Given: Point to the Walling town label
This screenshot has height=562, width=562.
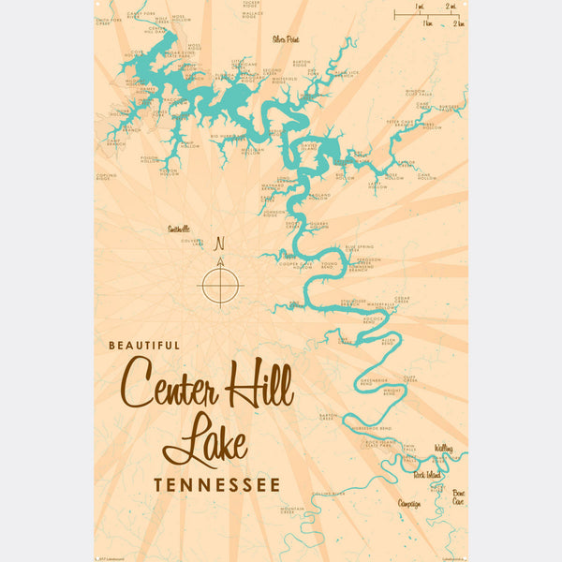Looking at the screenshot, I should click(443, 450).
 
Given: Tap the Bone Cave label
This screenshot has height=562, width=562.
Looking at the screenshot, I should click(457, 496).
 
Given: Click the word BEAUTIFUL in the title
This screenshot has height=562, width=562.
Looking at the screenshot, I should click(144, 345).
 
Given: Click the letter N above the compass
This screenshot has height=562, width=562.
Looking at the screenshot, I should click(221, 244).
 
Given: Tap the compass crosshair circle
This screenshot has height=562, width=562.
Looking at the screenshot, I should click(221, 284).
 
